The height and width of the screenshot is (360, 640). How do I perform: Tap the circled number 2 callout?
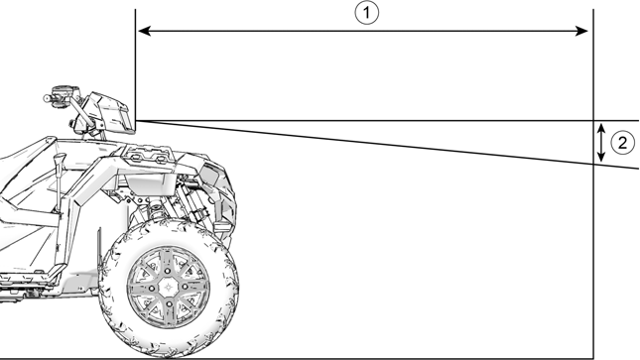(621, 143)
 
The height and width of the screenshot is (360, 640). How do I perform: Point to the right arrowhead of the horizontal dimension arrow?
(587, 31)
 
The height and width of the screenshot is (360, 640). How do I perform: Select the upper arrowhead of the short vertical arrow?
(601, 126)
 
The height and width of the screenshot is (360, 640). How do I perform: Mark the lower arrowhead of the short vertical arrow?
(601, 160)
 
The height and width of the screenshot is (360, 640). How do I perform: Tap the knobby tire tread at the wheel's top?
(169, 225)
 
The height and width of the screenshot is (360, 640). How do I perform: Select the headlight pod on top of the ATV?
(111, 111)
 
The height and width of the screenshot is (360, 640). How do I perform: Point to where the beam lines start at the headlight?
(135, 121)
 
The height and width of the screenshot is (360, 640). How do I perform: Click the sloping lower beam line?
(397, 145)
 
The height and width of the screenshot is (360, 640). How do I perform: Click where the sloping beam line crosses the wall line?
(592, 163)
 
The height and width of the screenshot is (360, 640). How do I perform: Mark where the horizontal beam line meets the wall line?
(592, 121)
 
